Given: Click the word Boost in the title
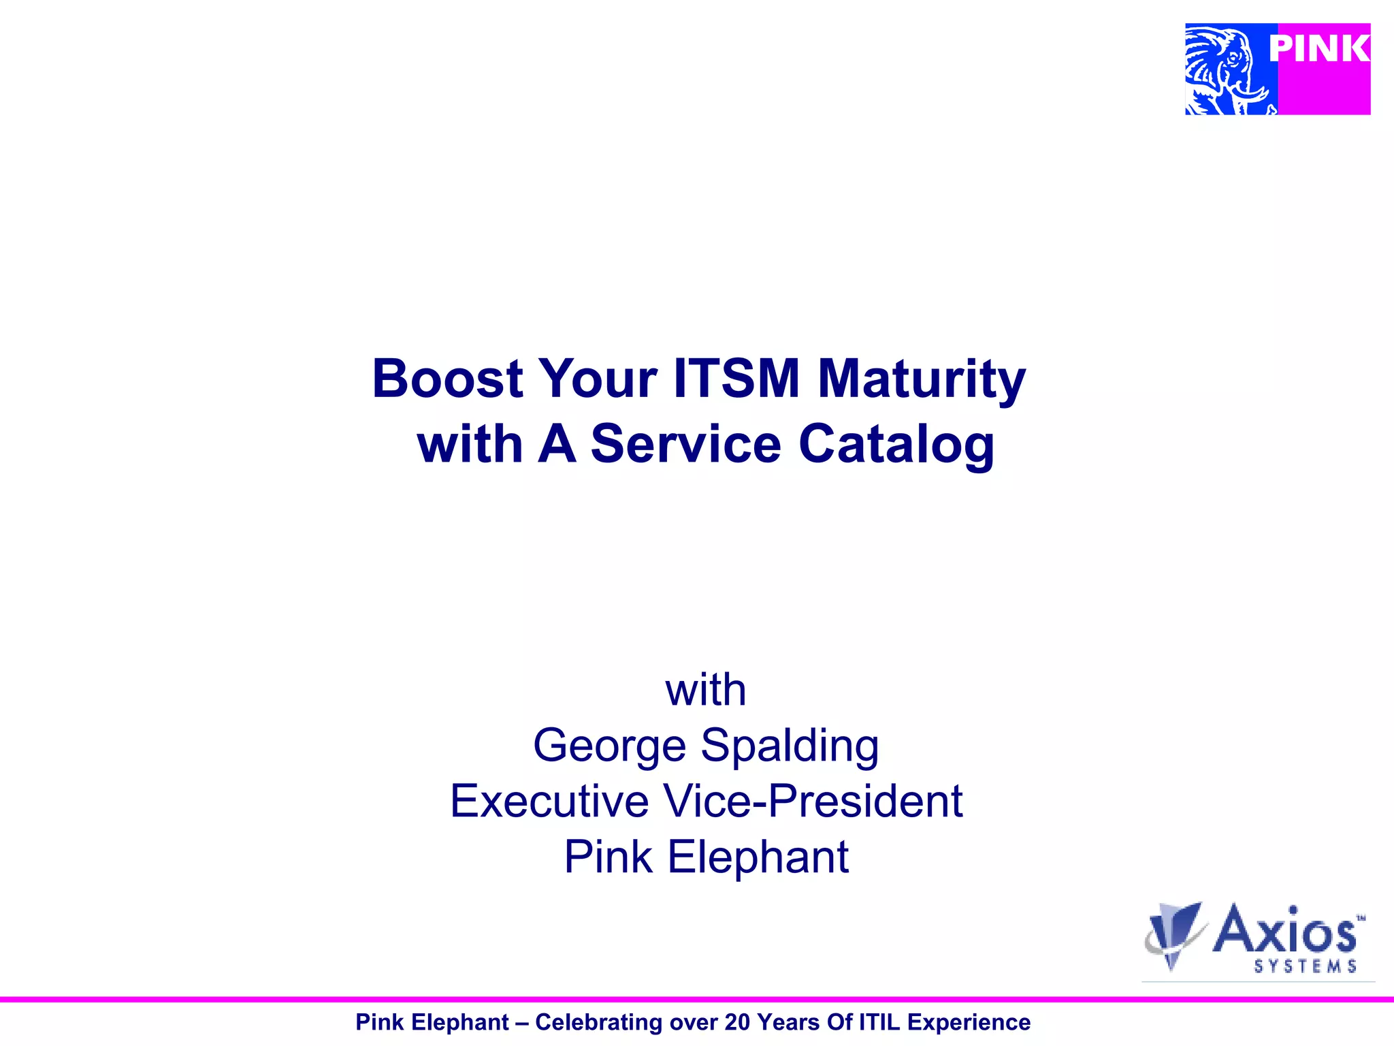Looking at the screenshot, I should click(447, 379).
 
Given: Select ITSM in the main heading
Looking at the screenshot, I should click(736, 379).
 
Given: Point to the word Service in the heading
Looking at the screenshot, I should click(685, 444).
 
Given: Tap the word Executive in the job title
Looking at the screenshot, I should click(549, 801).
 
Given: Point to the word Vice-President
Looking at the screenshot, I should click(813, 801).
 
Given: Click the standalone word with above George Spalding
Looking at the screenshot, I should click(705, 691).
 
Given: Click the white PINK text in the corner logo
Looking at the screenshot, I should click(1319, 49).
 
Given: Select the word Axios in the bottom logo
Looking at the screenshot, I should click(1285, 930).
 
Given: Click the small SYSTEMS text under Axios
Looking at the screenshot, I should click(1305, 966).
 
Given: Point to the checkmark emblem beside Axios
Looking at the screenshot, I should click(1174, 933).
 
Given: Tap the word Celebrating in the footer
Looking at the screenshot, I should click(599, 1022).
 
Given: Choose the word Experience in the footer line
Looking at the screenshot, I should click(969, 1022).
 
